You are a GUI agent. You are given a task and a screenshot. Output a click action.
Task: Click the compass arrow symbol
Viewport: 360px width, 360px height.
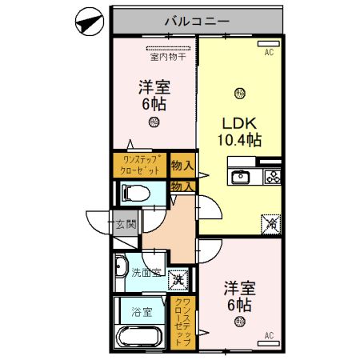coord(89,22)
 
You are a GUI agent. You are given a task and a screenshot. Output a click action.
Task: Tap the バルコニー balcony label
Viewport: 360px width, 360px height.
coord(197,22)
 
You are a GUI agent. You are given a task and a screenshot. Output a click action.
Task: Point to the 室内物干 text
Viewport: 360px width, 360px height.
coord(166,56)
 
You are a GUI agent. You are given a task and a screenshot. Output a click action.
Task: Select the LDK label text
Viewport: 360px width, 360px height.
coord(239,124)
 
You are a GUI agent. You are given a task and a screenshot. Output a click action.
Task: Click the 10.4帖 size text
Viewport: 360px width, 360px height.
coord(239,141)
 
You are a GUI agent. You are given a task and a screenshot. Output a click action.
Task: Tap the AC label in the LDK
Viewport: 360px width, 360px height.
coord(270,53)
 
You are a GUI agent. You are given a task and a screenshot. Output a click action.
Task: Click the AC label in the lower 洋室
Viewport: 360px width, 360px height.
coord(269,334)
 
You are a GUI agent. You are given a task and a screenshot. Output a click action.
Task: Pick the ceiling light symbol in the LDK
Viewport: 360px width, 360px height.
coord(240,94)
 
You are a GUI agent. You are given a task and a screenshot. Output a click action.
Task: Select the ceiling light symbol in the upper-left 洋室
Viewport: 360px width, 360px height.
coord(154,122)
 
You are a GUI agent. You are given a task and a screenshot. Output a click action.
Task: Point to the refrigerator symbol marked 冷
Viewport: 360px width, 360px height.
coord(270,225)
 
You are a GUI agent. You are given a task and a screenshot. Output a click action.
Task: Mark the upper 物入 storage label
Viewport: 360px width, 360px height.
coord(182,166)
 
